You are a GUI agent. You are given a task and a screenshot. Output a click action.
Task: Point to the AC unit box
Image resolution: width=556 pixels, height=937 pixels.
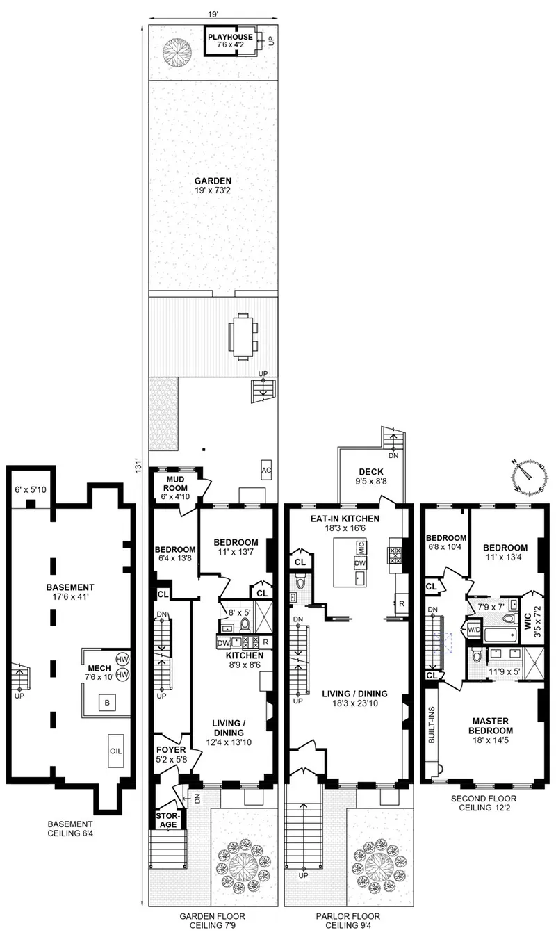[x=265, y=471]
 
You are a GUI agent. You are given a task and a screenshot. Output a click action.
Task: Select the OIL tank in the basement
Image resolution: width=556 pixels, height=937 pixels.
[x=115, y=751]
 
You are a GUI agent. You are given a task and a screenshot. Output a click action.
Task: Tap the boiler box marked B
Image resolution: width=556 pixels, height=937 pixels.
[x=106, y=703]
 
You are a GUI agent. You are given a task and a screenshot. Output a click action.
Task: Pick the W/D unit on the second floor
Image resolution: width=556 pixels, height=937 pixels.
[x=475, y=630]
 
